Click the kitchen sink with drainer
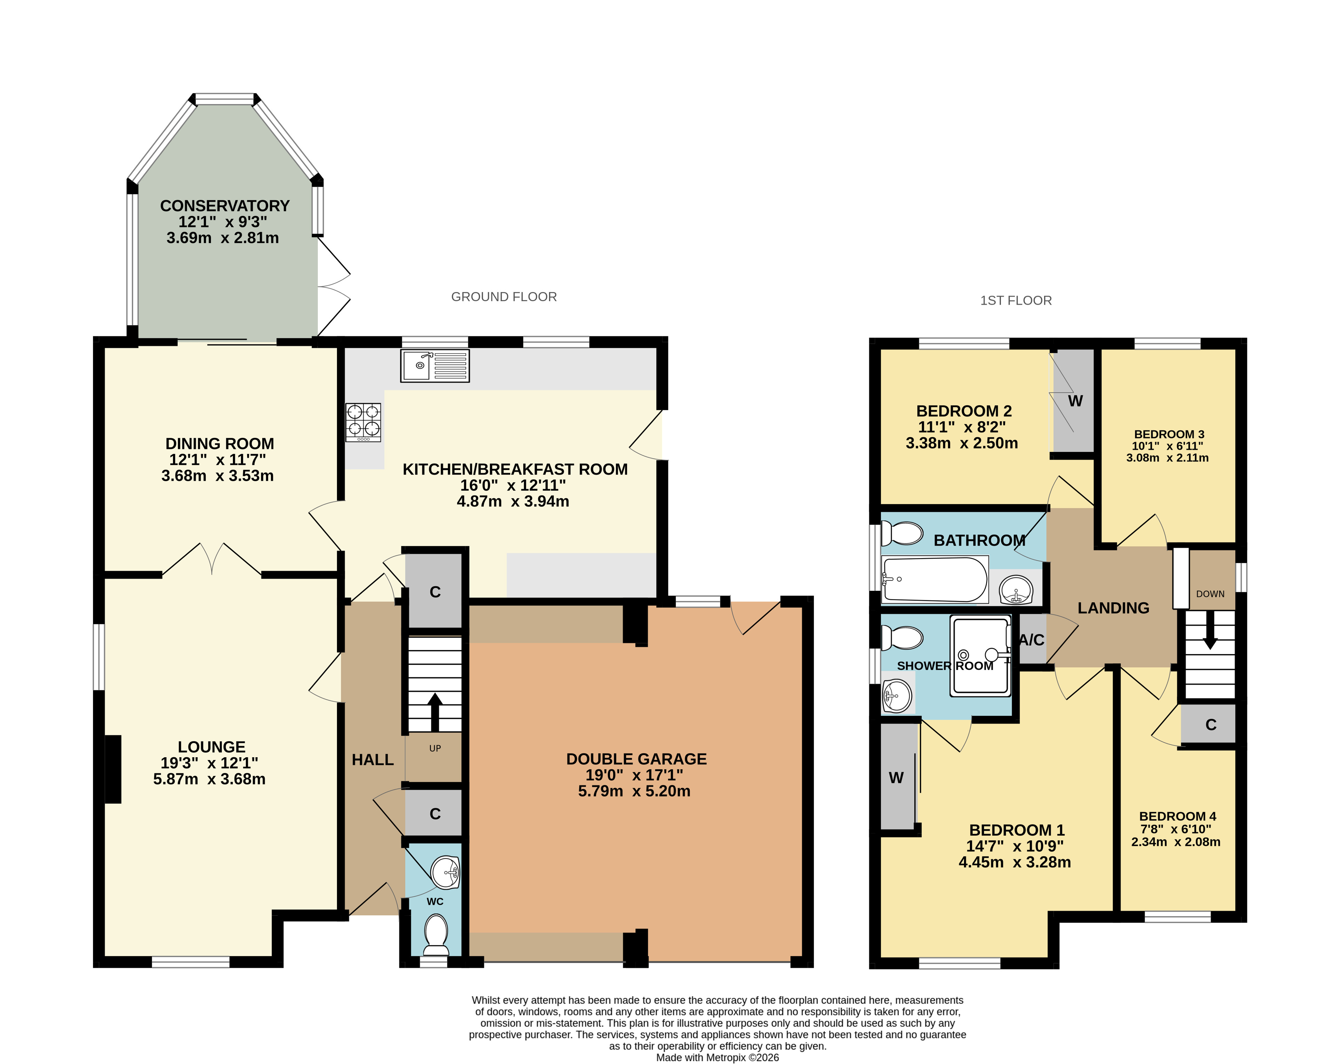click(x=434, y=366)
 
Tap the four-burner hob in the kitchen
click(x=363, y=423)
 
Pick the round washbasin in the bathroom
click(x=1016, y=588)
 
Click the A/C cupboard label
click(x=1032, y=640)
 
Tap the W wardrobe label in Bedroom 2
click(x=1075, y=401)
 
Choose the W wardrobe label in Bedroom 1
click(x=896, y=777)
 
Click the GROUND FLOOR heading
click(x=504, y=297)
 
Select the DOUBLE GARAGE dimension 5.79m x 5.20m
click(x=634, y=791)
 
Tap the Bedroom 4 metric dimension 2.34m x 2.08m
click(x=1175, y=842)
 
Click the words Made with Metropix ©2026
click(x=717, y=1058)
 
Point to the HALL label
click(x=373, y=759)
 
